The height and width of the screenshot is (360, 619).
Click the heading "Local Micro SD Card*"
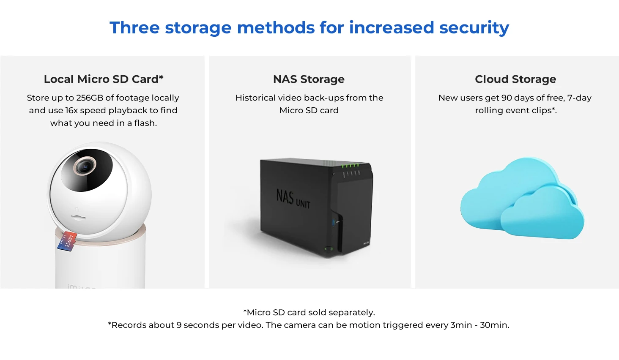pos(104,79)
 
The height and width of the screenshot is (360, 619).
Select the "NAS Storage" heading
pos(309,79)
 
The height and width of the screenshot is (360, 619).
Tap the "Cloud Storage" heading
pos(515,79)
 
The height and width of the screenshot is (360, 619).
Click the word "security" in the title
pos(474,28)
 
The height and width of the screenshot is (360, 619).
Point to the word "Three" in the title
pos(134,28)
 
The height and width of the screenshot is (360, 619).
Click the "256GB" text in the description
pos(90,98)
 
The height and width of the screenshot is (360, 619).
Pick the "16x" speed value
pos(71,111)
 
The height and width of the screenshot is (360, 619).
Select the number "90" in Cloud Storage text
pos(507,98)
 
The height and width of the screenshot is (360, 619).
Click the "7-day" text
pos(579,98)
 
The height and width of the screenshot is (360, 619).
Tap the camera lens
pos(85,166)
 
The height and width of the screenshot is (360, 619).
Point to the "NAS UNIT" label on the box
pos(293,199)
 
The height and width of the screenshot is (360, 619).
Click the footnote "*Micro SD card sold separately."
pos(309,313)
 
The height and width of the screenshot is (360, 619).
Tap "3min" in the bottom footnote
pos(461,325)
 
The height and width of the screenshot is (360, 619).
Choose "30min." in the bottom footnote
pos(494,325)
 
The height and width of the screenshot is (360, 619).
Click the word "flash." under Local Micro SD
pos(145,123)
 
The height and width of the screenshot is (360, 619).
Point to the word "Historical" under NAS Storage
pos(255,98)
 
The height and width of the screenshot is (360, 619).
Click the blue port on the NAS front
pos(334,222)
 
